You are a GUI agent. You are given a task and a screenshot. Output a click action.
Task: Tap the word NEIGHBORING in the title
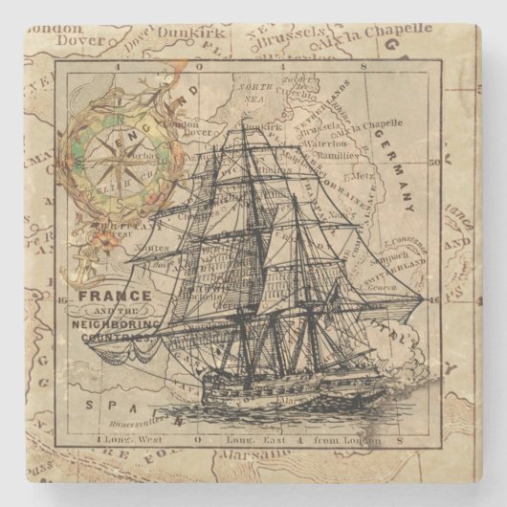(x=116, y=324)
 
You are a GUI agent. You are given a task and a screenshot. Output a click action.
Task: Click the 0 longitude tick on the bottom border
(x=197, y=441)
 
